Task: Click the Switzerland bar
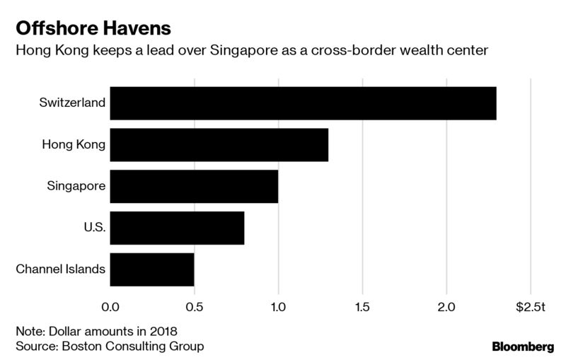(x=303, y=103)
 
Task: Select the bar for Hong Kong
(x=219, y=145)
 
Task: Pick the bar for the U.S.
(x=177, y=228)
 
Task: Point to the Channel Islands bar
(x=152, y=269)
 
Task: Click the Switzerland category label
(x=73, y=103)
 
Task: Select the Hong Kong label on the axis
(x=74, y=145)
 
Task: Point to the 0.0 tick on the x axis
(x=111, y=307)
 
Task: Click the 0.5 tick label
(x=195, y=307)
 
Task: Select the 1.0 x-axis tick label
(x=278, y=307)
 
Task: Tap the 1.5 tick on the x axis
(x=362, y=307)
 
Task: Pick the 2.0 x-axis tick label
(x=446, y=307)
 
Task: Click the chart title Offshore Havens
(x=91, y=30)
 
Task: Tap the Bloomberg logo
(x=523, y=347)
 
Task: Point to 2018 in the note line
(x=162, y=331)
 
